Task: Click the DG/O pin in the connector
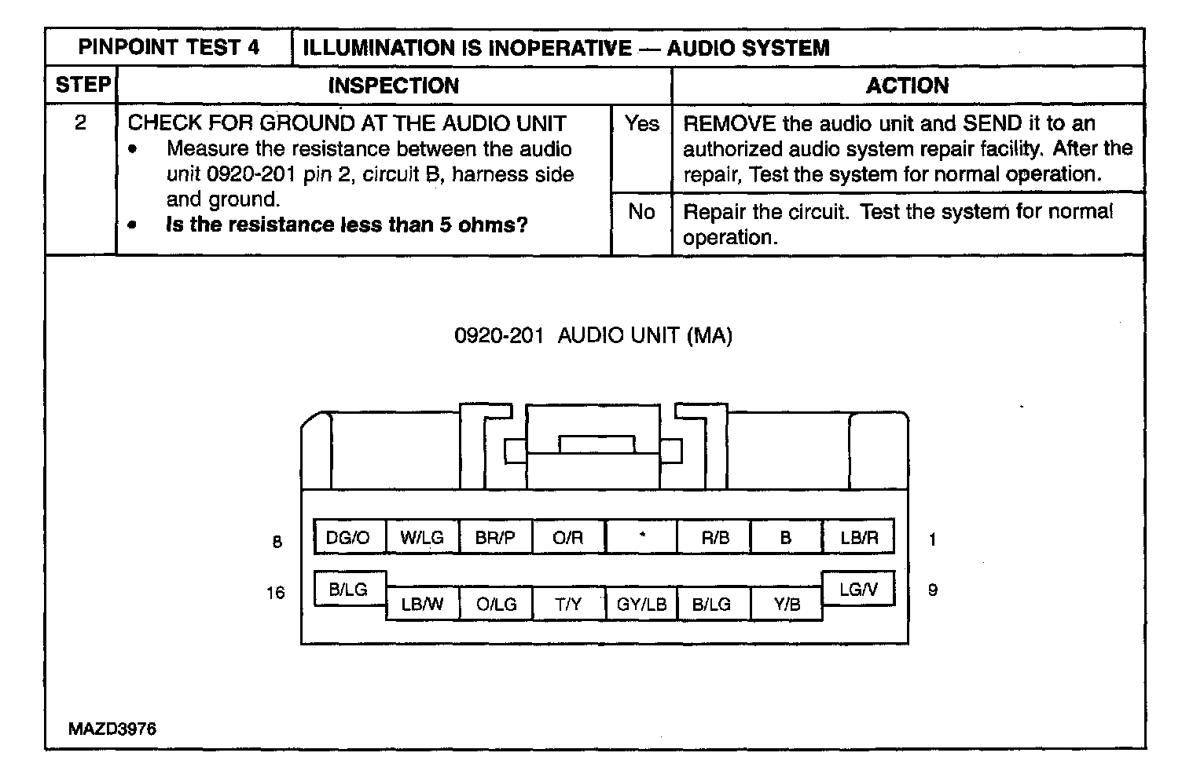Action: click(x=347, y=537)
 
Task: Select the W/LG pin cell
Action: click(x=422, y=537)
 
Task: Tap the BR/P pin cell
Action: click(x=495, y=537)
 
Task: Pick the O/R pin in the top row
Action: click(x=568, y=537)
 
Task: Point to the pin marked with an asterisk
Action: click(x=641, y=537)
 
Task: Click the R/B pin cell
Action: click(x=714, y=537)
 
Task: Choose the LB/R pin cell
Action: click(x=859, y=537)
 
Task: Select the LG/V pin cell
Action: click(x=858, y=589)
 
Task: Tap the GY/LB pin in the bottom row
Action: click(x=641, y=604)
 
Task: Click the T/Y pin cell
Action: click(x=568, y=604)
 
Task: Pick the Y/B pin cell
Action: click(x=787, y=604)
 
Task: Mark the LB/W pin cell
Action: click(x=422, y=604)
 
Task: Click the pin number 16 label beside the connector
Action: click(x=275, y=592)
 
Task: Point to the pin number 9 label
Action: click(x=933, y=590)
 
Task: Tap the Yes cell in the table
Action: click(x=641, y=123)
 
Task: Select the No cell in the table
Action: click(x=641, y=211)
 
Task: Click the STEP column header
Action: click(x=82, y=85)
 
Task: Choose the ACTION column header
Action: click(x=907, y=85)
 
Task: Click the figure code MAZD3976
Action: click(x=112, y=729)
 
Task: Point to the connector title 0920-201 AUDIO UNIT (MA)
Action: click(x=593, y=336)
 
